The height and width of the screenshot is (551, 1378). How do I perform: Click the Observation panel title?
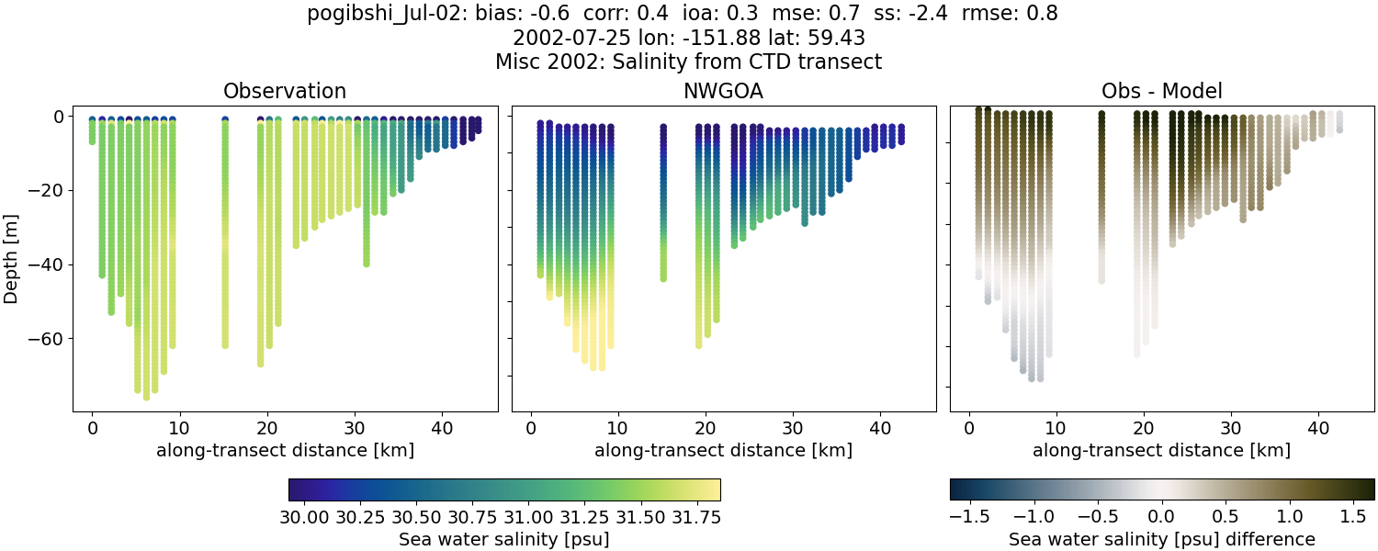point(285,91)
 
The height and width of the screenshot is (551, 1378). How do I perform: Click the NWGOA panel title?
point(723,91)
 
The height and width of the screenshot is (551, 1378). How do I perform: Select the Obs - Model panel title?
point(1161,91)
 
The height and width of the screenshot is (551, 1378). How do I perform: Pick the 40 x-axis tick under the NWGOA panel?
point(879,428)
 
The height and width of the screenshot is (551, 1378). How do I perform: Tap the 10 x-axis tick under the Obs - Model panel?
point(1056,428)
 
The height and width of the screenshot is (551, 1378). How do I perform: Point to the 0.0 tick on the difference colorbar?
point(1162,516)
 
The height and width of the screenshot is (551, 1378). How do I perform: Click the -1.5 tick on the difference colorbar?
point(970,516)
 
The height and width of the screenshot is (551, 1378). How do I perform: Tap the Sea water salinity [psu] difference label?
point(1162,539)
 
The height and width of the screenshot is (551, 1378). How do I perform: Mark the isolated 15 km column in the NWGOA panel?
point(663,202)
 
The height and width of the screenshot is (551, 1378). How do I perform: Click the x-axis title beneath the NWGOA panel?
point(723,451)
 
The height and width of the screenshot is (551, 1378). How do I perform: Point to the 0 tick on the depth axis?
point(58,117)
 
